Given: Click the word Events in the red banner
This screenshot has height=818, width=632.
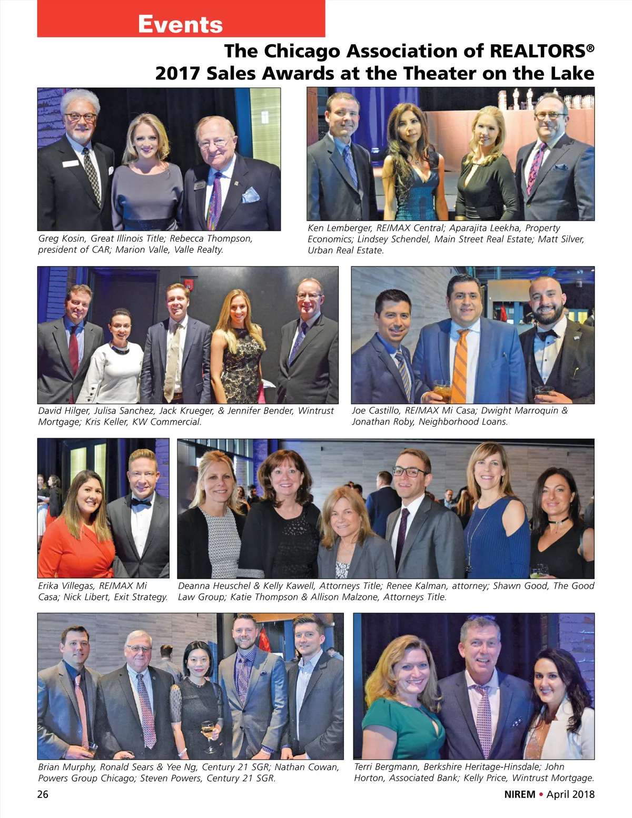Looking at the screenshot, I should pos(180,24).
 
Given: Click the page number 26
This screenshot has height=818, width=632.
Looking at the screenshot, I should pos(43,794).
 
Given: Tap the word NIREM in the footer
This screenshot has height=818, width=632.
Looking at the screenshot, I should pos(519,794).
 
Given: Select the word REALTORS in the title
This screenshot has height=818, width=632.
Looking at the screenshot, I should pos(538,51).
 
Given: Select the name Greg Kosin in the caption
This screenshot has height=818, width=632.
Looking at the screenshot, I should pos(61,239).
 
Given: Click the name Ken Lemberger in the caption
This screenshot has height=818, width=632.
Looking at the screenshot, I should pos(339,228).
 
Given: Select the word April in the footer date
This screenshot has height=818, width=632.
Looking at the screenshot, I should pos(558,794).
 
